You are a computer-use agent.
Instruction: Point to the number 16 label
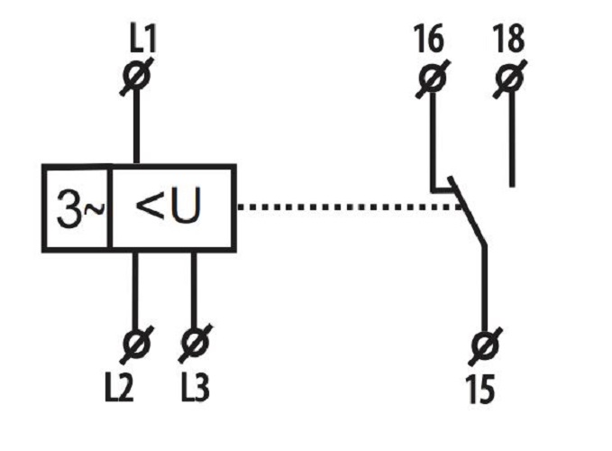pyautogui.click(x=430, y=41)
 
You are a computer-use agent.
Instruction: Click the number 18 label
pyautogui.click(x=509, y=41)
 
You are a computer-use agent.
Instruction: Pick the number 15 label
pyautogui.click(x=485, y=390)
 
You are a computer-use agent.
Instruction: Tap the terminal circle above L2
pyautogui.click(x=137, y=343)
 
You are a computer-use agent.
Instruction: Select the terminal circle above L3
pyautogui.click(x=193, y=343)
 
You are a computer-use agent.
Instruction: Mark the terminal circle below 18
pyautogui.click(x=511, y=79)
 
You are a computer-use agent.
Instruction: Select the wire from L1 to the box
pyautogui.click(x=137, y=126)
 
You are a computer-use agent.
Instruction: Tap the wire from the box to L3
pyautogui.click(x=193, y=289)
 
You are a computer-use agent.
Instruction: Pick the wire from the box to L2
pyautogui.click(x=137, y=289)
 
